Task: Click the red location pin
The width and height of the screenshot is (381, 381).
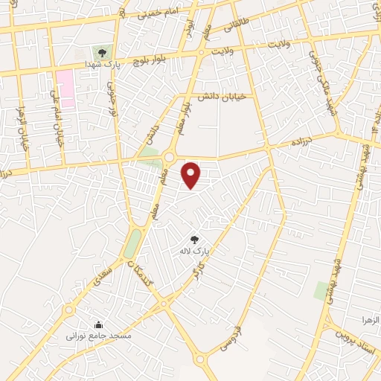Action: (192, 174)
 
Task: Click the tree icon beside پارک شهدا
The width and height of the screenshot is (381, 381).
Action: (102, 51)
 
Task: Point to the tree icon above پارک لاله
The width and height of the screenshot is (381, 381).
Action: (195, 240)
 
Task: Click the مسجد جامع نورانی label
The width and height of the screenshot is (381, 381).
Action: (100, 336)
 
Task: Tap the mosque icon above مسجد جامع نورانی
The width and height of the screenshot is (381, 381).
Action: (99, 324)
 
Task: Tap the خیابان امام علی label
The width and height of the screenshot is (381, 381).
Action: (54, 115)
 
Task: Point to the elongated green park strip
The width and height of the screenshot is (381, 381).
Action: (132, 242)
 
